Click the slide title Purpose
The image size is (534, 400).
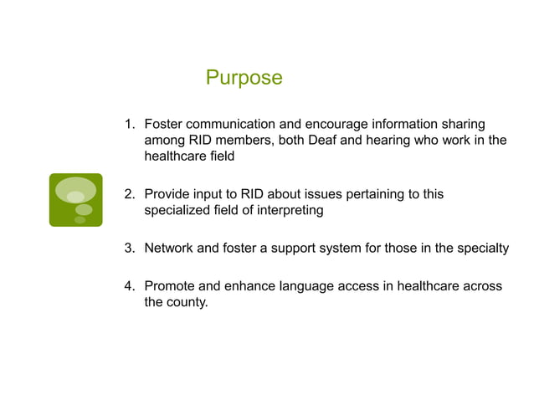tap(244, 79)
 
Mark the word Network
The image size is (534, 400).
tap(171, 248)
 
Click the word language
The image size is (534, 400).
tap(307, 286)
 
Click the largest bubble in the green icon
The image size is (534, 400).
tap(75, 191)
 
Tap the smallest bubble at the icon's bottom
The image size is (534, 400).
tap(80, 220)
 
